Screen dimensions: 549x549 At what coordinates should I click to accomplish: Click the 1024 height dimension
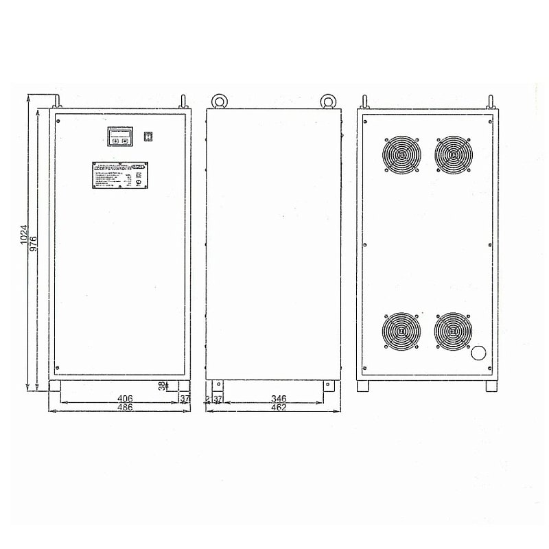click(23, 235)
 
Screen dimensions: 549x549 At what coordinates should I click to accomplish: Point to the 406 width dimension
click(124, 398)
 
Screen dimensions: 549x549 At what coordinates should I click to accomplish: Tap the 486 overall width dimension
click(124, 407)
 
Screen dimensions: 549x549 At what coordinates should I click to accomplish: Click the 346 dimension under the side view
click(279, 398)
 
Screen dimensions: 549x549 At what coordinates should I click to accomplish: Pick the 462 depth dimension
click(279, 407)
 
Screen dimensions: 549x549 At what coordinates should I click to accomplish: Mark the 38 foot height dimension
click(163, 386)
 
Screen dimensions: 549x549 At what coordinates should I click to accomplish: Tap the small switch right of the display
click(147, 136)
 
